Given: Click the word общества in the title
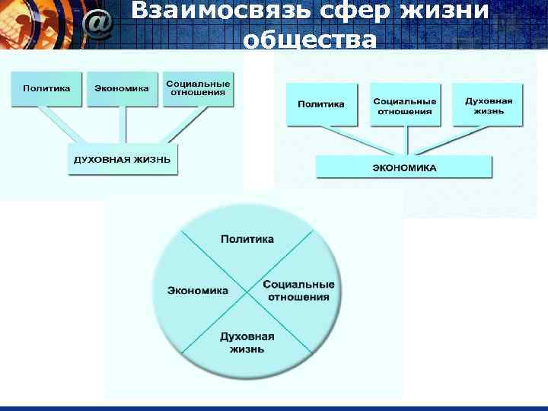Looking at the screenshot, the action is tap(309, 40).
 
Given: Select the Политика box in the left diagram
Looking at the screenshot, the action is tap(46, 88).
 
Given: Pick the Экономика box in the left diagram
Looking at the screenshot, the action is tap(122, 88).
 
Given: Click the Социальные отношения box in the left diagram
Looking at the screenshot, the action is tap(198, 88).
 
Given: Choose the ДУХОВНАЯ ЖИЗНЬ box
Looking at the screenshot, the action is tap(123, 159).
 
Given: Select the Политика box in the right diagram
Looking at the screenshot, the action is tap(321, 104).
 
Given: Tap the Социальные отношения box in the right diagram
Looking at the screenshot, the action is tap(405, 105).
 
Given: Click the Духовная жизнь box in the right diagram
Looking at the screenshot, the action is tap(489, 105).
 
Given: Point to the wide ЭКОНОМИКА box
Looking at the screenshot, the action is tap(404, 167).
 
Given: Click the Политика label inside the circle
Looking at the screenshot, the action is tap(247, 239).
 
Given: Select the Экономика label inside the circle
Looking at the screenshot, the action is tap(198, 290).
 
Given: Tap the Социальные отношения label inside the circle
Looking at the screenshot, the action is tap(298, 290).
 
